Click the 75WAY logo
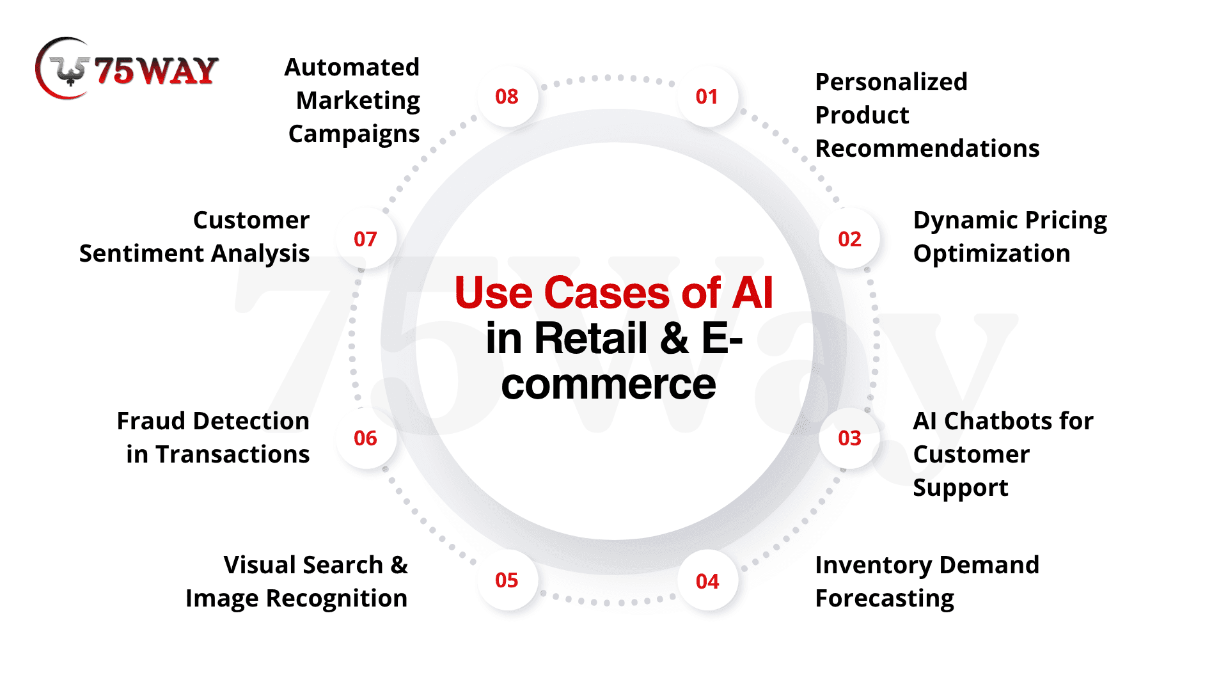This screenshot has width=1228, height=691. (x=127, y=69)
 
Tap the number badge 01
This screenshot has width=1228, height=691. (x=707, y=97)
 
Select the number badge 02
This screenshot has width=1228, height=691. (x=849, y=239)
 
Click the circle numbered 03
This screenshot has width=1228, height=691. (x=849, y=438)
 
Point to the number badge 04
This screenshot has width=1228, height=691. (x=707, y=581)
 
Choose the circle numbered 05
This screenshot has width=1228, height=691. (x=507, y=580)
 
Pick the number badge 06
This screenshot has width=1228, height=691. (x=365, y=438)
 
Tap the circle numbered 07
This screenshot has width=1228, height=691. (x=365, y=239)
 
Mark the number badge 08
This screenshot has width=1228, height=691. (x=507, y=97)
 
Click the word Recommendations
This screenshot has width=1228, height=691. (x=927, y=148)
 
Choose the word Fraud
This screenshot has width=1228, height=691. (x=149, y=421)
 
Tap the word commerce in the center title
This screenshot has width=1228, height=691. (x=608, y=385)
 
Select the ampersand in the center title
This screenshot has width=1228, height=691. (x=675, y=338)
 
